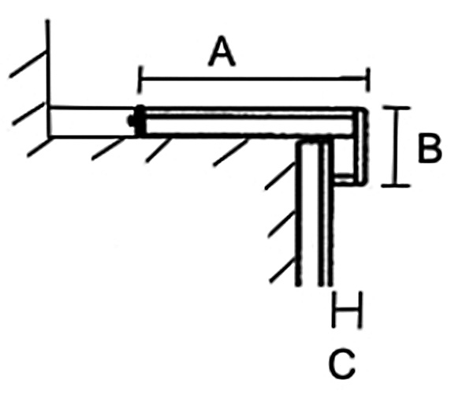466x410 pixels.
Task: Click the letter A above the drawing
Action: click(222, 51)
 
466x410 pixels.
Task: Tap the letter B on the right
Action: click(430, 148)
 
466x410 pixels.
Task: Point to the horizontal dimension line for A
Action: click(255, 79)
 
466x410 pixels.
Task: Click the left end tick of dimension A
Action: click(140, 80)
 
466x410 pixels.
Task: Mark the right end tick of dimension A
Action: click(368, 80)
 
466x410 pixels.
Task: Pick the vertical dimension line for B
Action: click(396, 147)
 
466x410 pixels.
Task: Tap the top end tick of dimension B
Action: click(396, 107)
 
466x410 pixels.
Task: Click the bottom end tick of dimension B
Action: click(396, 186)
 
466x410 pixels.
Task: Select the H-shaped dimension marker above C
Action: click(347, 310)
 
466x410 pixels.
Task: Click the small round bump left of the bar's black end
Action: click(130, 121)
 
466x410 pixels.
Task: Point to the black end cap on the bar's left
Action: click(140, 121)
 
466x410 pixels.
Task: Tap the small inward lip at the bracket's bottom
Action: click(344, 180)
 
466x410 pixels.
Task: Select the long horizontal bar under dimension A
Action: click(250, 122)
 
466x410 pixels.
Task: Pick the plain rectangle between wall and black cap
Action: click(92, 121)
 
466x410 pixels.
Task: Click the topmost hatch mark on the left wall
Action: click(28, 65)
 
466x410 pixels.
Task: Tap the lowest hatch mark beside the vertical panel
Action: click(283, 270)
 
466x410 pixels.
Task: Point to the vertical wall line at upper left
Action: click(48, 79)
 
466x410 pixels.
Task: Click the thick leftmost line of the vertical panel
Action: click(298, 214)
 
